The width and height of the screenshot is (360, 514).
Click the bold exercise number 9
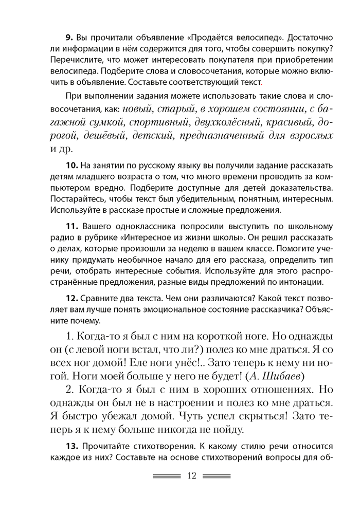[69, 39]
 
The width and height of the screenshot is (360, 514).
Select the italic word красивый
[289, 123]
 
